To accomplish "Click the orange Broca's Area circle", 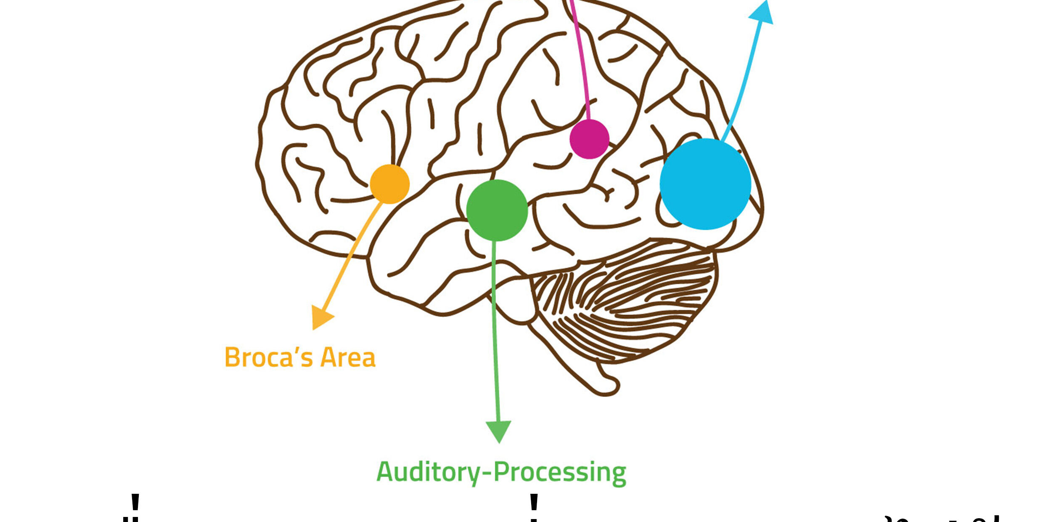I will pyautogui.click(x=389, y=184).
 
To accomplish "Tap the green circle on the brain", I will pyautogui.click(x=497, y=210).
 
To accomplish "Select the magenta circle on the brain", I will pyautogui.click(x=589, y=139).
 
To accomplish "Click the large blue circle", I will pyautogui.click(x=705, y=184).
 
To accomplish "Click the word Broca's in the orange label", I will pyautogui.click(x=268, y=358).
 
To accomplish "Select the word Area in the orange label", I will pyautogui.click(x=347, y=358).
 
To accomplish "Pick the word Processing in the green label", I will pyautogui.click(x=559, y=472).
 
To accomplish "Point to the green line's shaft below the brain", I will pyautogui.click(x=495, y=358).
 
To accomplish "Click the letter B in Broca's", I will pyautogui.click(x=233, y=358).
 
